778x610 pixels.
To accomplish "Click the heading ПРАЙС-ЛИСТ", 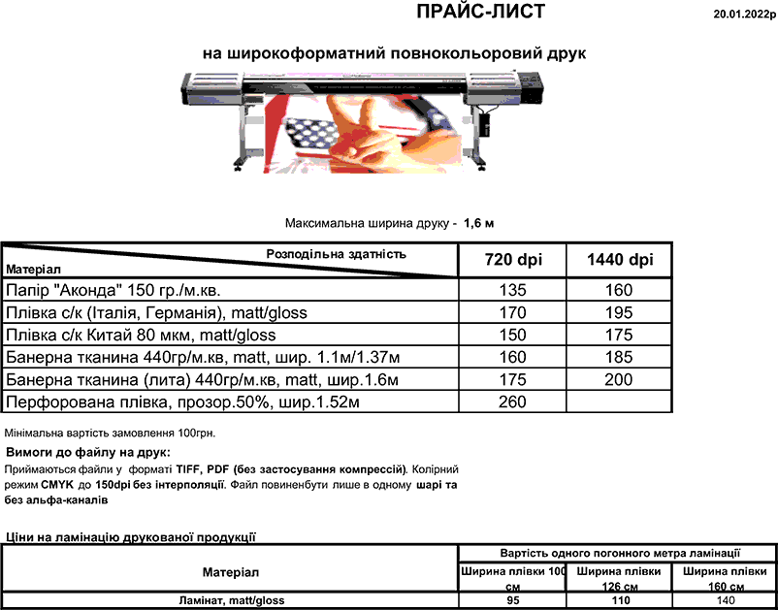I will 480,12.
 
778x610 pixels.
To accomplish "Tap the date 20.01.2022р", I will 744,14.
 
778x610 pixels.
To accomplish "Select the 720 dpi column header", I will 512,260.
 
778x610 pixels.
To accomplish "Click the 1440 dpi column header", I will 621,260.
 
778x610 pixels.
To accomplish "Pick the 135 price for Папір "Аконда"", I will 512,290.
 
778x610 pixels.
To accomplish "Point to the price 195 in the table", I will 619,312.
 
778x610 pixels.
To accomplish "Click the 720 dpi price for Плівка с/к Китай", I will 512,335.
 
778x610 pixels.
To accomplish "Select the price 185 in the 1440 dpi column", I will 619,357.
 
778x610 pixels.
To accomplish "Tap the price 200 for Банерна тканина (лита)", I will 619,379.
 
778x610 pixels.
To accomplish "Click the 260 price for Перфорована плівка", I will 512,401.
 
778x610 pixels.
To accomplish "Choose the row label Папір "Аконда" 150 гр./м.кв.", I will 119,290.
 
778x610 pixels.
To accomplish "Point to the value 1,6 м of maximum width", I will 479,223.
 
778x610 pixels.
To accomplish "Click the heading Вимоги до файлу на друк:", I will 88,452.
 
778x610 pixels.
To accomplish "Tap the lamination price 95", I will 513,601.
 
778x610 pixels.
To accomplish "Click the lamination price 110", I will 619,601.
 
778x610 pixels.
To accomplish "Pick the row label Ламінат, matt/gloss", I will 230,601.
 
